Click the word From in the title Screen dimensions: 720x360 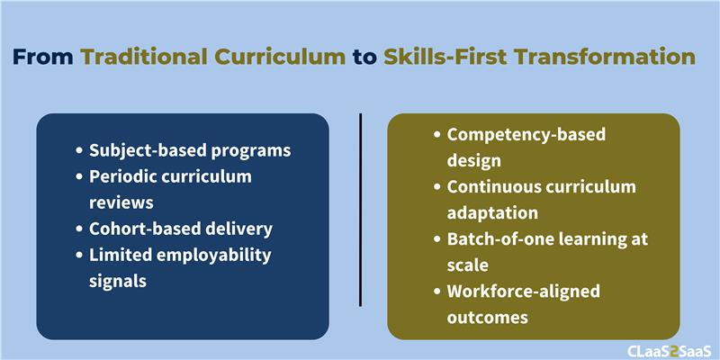click(43, 57)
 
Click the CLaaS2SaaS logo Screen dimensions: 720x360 click(670, 350)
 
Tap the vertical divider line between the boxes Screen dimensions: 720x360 click(361, 210)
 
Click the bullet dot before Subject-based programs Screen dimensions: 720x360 click(80, 150)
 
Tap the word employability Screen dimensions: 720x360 click(212, 256)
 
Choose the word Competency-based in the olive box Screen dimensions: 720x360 click(526, 136)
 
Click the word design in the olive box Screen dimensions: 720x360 click(474, 161)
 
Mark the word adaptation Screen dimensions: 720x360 click(492, 213)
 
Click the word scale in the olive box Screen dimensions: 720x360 click(467, 265)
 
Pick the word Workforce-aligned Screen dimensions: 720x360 click(524, 292)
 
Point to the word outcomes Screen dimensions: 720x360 click(487, 318)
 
